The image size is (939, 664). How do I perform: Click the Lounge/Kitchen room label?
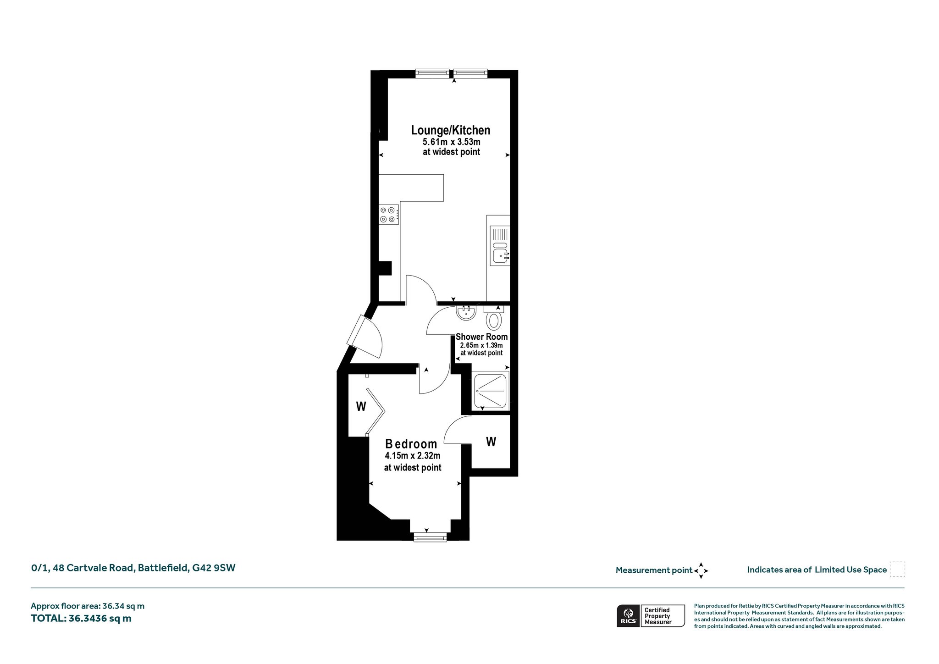[451, 130]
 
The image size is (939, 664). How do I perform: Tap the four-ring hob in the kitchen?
[389, 215]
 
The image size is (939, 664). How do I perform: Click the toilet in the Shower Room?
[493, 318]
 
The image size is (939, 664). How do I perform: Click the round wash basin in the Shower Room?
[466, 313]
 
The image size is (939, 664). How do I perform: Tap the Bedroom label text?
[411, 444]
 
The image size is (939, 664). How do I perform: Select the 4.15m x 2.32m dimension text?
[413, 456]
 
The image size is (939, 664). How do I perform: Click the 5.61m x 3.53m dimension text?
[451, 142]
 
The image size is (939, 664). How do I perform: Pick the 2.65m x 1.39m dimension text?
[481, 345]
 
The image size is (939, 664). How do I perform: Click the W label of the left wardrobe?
[361, 406]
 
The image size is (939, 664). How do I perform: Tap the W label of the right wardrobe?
[491, 442]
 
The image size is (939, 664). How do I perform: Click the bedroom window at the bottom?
[430, 537]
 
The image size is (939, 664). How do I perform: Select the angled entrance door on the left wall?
[365, 337]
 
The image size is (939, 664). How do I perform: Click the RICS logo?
[628, 615]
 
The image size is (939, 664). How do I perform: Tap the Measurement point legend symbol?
[701, 571]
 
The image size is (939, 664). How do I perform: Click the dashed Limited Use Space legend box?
[897, 569]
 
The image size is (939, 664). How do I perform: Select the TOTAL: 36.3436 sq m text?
[81, 618]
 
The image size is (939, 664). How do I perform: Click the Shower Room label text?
[481, 337]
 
